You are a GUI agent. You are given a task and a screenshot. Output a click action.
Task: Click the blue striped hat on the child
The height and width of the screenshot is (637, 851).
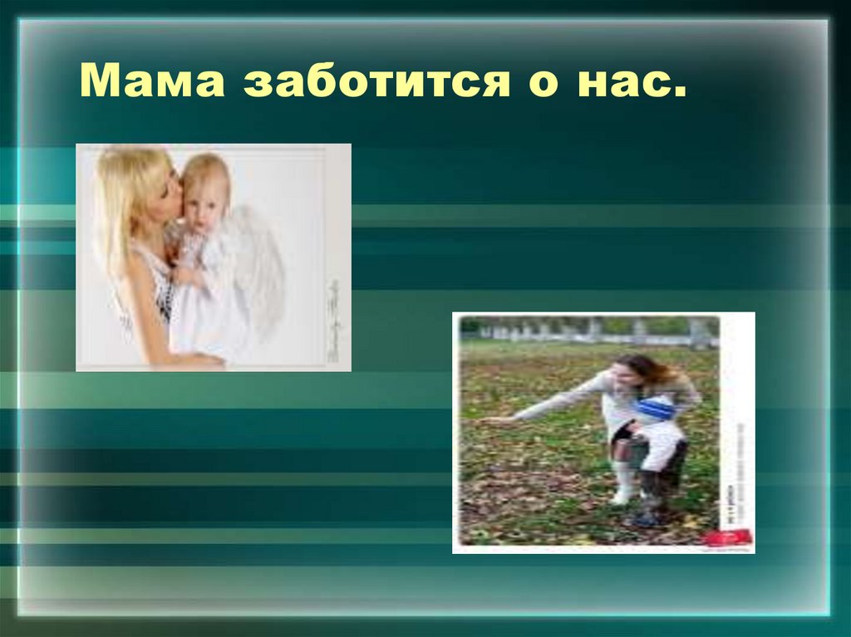pos(657,409)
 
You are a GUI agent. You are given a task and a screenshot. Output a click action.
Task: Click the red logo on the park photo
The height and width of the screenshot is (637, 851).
pos(728,537)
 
